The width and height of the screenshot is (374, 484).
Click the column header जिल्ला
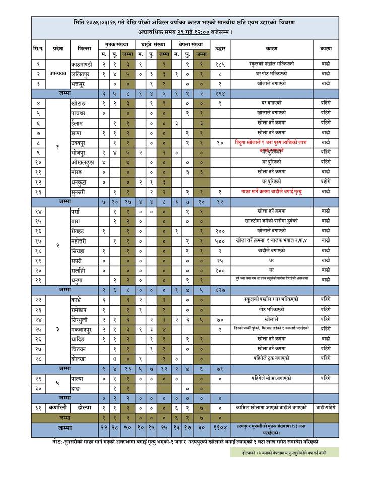(84, 49)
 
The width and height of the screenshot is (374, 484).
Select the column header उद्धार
(220, 49)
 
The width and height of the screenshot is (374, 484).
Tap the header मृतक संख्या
(114, 45)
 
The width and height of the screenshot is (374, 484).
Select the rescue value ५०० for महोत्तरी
(220, 240)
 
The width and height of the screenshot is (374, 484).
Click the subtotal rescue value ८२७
(220, 289)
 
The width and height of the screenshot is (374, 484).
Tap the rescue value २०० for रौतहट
(220, 231)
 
